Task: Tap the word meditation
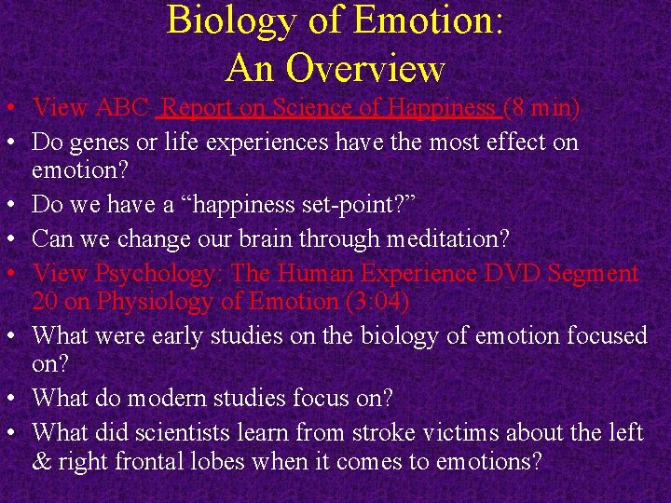(438, 239)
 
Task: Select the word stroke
(402, 432)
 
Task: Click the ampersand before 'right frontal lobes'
(42, 462)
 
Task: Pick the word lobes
(221, 462)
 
